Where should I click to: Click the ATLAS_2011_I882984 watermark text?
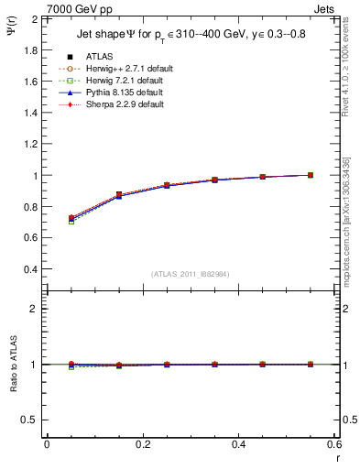pyautogui.click(x=190, y=274)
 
